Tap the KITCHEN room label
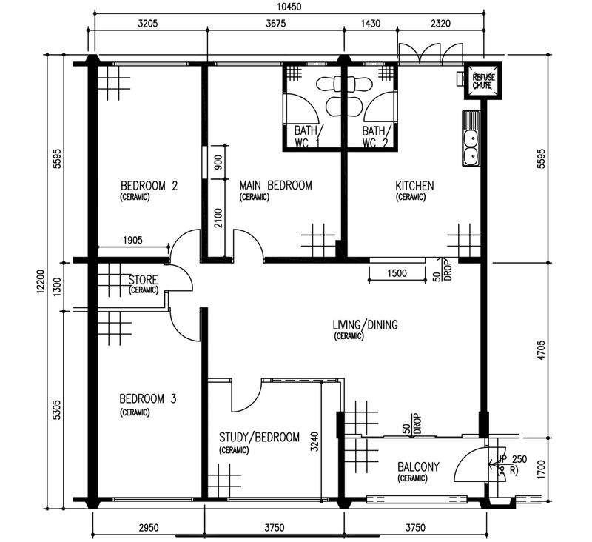(414, 186)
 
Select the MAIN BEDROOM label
(275, 186)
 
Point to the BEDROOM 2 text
(149, 186)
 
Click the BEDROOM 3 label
(148, 400)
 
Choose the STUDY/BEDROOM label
(260, 438)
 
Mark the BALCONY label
(418, 467)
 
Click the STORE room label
(143, 281)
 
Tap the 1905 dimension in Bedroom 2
(128, 240)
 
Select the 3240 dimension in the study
(314, 441)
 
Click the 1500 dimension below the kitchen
(397, 273)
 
